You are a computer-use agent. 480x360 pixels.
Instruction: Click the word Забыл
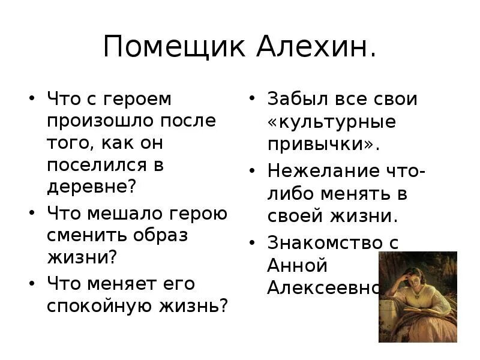pos(296,98)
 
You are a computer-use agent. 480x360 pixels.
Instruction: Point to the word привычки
pos(324,144)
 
